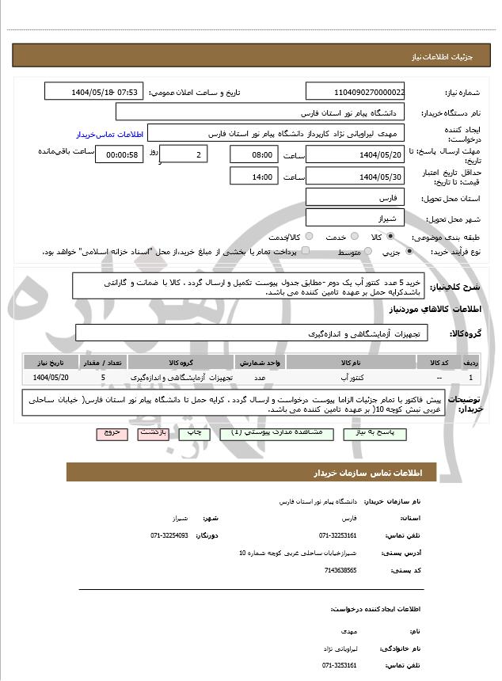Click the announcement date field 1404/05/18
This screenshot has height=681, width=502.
coord(93,92)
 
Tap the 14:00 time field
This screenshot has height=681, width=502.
coord(253,177)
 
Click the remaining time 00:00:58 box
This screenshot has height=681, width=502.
coord(119,154)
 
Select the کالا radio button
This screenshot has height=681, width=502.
coord(389,237)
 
